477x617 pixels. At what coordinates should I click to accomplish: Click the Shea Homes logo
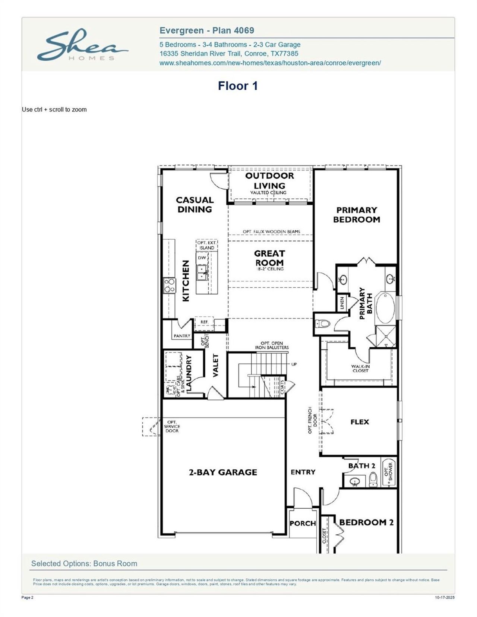[x=82, y=46]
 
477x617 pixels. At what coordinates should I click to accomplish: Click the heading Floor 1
[x=238, y=86]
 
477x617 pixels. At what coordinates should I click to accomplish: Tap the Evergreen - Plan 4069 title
[x=207, y=31]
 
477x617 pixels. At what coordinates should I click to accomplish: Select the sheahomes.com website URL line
[x=270, y=63]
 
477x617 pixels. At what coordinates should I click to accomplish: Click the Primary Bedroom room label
[x=356, y=215]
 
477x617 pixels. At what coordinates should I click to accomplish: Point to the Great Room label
[x=269, y=258]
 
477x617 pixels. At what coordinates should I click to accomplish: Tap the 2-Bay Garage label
[x=223, y=472]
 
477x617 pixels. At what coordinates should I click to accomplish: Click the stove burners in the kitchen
[x=169, y=285]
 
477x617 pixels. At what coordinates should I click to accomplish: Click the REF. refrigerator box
[x=204, y=322]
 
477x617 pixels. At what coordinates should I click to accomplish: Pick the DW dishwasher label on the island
[x=202, y=258]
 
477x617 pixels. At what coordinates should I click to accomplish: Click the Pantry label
[x=182, y=336]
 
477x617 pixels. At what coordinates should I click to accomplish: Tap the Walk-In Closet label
[x=360, y=368]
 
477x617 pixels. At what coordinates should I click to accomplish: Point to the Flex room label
[x=359, y=422]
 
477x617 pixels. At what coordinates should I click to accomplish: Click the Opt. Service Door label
[x=172, y=426]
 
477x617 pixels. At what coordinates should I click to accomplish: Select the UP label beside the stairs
[x=294, y=364]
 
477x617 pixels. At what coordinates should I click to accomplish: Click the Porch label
[x=303, y=523]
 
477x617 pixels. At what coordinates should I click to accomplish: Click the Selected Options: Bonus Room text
[x=84, y=563]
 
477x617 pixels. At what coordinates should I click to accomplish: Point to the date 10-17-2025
[x=445, y=598]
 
